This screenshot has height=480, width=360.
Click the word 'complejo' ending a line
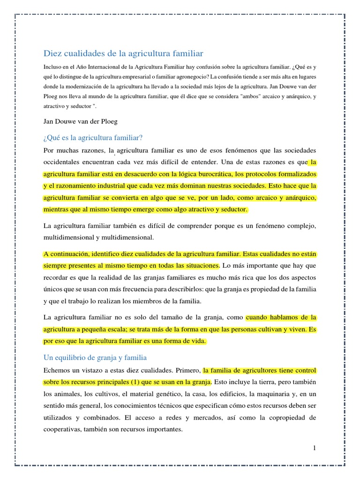[x=302, y=226]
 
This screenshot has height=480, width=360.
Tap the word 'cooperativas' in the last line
[x=63, y=429]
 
